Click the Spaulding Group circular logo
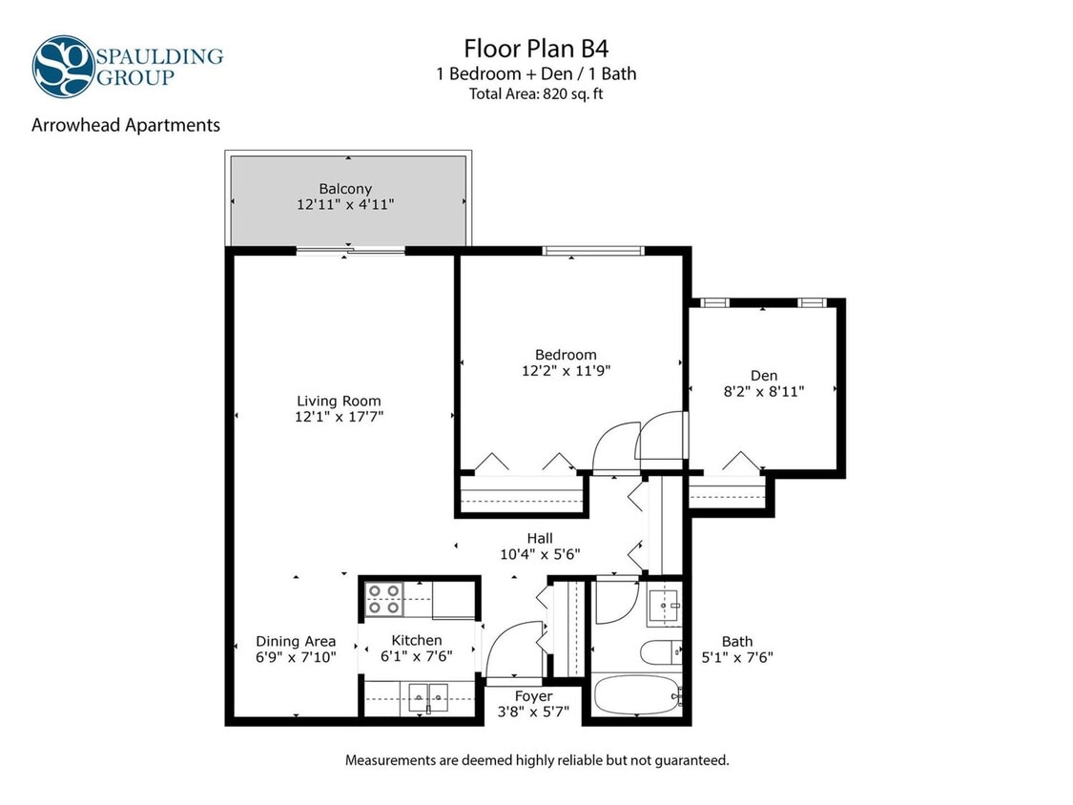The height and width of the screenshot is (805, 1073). coord(63,67)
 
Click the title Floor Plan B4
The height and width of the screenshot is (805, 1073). coord(536,48)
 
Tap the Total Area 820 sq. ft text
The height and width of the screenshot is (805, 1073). coord(536,93)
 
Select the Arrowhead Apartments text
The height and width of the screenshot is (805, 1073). coord(126,125)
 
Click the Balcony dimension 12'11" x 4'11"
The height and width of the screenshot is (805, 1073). coord(345,204)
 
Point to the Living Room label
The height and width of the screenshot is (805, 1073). coord(339,402)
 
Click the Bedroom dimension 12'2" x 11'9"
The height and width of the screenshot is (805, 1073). coord(566,371)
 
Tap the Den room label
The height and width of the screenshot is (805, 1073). coord(763,375)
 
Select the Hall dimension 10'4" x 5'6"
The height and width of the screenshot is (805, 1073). coord(540,553)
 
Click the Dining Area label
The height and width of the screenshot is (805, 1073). coord(296,641)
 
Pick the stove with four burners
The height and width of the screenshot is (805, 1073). coord(385,599)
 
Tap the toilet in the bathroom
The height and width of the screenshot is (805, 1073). coord(660,653)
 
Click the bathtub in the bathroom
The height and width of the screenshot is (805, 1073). coord(637,695)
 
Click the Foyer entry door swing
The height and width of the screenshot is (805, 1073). coord(512,649)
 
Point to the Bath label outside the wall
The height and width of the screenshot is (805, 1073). coord(736,642)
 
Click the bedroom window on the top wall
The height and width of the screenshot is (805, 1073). coord(594,251)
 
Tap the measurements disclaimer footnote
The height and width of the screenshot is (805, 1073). coord(536,760)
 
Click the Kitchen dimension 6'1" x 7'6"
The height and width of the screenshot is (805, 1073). coord(417,656)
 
